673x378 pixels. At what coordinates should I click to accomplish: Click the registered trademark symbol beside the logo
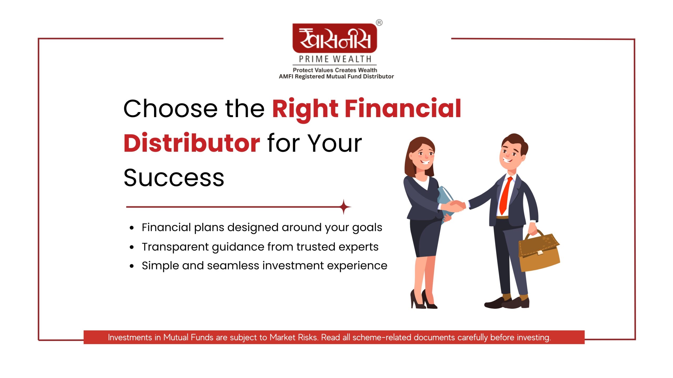tap(379, 23)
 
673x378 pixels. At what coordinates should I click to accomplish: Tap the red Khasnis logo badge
tap(335, 38)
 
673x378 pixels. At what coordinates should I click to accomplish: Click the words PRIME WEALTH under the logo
tap(335, 59)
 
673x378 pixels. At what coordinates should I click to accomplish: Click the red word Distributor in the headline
tap(192, 143)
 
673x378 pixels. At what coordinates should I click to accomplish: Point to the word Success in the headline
tap(174, 178)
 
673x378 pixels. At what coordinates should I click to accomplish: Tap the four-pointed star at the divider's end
tap(344, 207)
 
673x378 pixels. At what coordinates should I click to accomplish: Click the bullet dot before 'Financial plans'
tap(132, 228)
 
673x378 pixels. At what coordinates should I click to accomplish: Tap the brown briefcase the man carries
tap(539, 251)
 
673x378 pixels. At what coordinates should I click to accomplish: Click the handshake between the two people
tap(457, 206)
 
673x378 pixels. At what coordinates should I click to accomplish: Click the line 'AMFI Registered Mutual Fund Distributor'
tap(336, 77)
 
